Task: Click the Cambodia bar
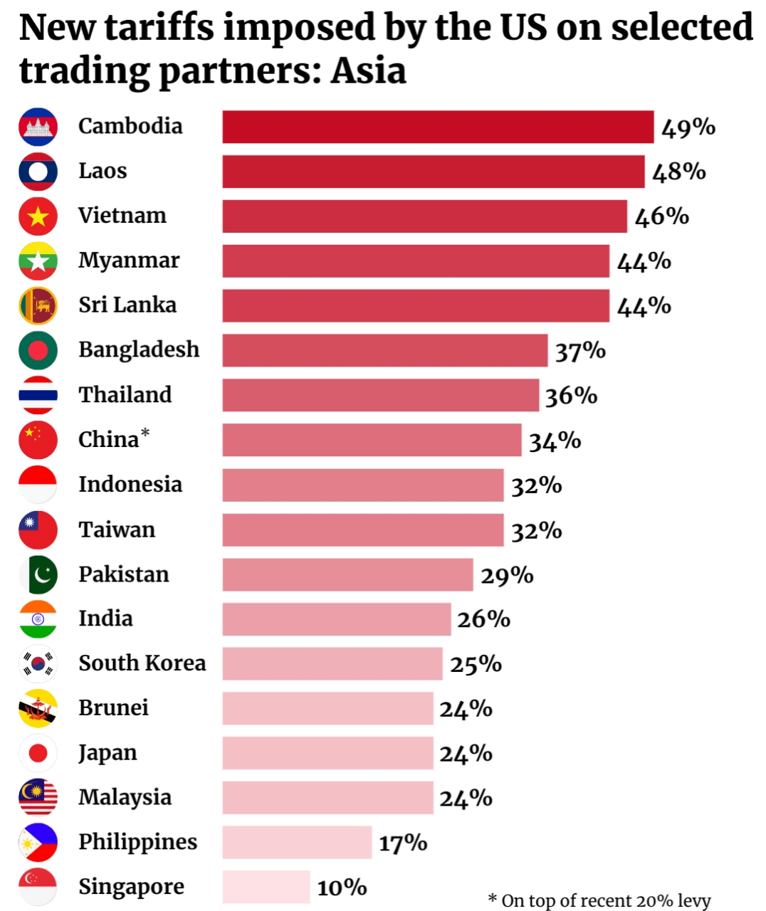(x=438, y=127)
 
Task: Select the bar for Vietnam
(x=425, y=216)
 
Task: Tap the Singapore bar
(x=266, y=887)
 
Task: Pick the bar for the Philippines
(x=298, y=842)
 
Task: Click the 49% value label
(x=688, y=128)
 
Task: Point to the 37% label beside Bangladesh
(x=580, y=351)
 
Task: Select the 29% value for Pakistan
(x=507, y=575)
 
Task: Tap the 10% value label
(x=342, y=887)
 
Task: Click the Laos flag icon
(x=38, y=172)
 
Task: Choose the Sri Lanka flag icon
(x=38, y=306)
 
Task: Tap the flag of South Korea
(x=38, y=663)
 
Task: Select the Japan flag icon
(x=38, y=753)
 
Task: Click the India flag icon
(x=38, y=619)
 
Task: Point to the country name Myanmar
(x=129, y=261)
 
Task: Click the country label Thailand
(x=125, y=394)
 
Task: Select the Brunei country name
(x=113, y=707)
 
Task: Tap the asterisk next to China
(x=145, y=433)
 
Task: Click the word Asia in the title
(x=369, y=70)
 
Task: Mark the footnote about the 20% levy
(x=599, y=900)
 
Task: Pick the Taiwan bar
(x=363, y=530)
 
